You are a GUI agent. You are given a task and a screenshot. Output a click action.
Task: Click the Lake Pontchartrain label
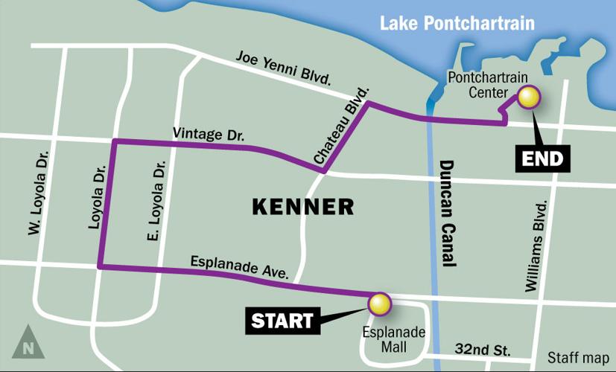pyautogui.click(x=457, y=22)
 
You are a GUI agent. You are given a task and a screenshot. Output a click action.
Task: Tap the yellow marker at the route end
pyautogui.click(x=529, y=98)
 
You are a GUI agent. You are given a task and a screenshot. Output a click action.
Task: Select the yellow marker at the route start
pyautogui.click(x=379, y=303)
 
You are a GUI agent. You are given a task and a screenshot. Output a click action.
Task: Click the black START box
pyautogui.click(x=282, y=321)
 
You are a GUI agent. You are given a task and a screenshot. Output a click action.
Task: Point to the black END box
pyautogui.click(x=543, y=158)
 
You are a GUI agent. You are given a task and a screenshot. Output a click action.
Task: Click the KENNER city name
pyautogui.click(x=302, y=206)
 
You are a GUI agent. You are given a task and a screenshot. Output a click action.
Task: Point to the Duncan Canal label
pyautogui.click(x=447, y=213)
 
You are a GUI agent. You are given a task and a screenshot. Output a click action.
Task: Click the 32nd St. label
pyautogui.click(x=481, y=347)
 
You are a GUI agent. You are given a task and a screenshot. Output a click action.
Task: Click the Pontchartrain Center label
pyautogui.click(x=477, y=85)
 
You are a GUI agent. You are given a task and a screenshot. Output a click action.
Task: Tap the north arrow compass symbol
pyautogui.click(x=28, y=342)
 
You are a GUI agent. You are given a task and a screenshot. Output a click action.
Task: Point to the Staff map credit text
pyautogui.click(x=578, y=356)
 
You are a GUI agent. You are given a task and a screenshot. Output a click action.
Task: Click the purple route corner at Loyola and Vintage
pyautogui.click(x=113, y=141)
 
